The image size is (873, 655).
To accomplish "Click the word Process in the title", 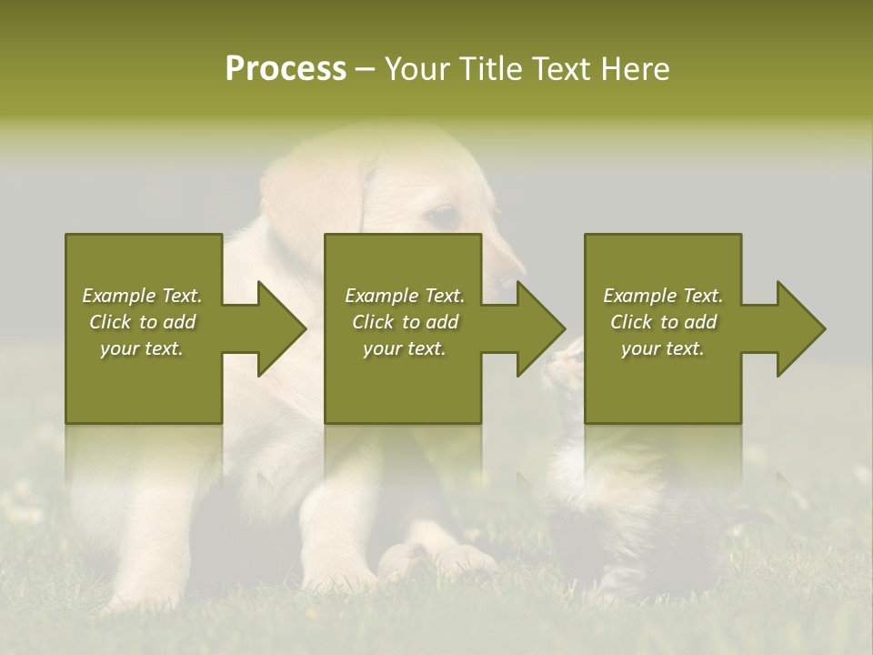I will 286,69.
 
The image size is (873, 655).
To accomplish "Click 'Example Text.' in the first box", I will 142,296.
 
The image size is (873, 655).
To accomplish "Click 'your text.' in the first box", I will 142,348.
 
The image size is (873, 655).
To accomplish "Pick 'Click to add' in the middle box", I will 405,322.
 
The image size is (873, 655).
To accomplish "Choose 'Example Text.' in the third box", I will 663,296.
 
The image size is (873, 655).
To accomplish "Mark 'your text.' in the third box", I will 663,348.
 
